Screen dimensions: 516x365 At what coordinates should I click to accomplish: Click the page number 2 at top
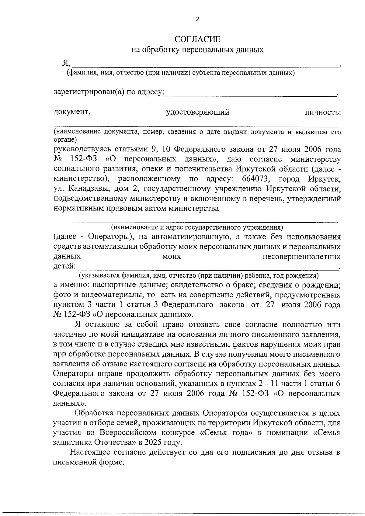click(197, 19)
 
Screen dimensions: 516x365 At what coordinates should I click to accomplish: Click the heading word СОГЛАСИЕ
click(197, 40)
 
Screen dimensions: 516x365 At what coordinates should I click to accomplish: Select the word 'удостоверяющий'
click(197, 113)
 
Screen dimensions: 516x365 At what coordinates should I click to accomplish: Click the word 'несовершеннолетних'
click(301, 257)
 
